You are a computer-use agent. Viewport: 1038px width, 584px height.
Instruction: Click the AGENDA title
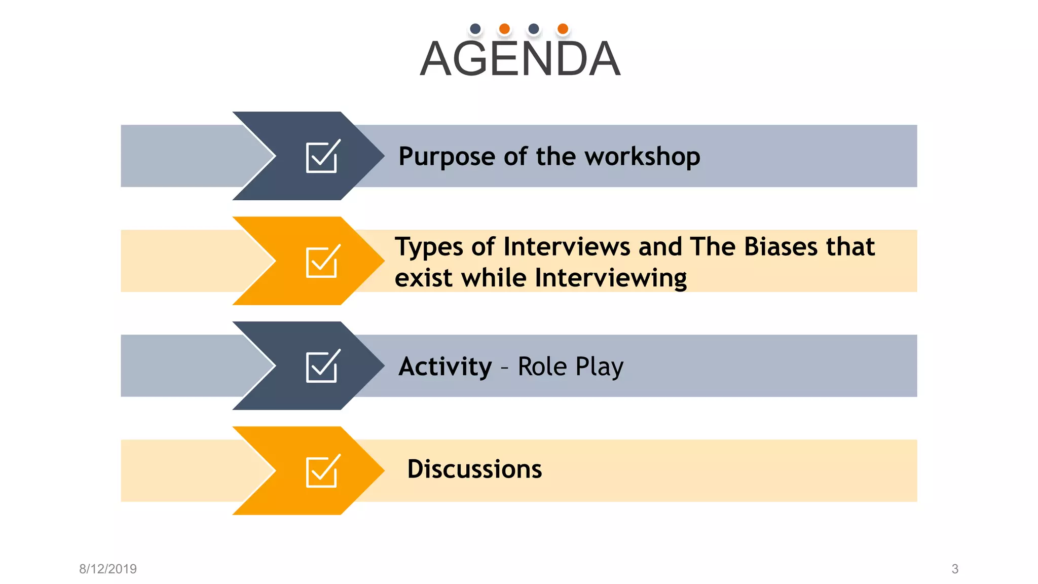click(x=520, y=59)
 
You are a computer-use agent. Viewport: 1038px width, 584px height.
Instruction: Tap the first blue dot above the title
click(x=475, y=29)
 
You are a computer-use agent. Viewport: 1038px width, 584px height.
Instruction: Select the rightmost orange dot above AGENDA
click(x=563, y=29)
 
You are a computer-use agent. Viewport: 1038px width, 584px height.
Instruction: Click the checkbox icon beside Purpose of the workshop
click(x=322, y=156)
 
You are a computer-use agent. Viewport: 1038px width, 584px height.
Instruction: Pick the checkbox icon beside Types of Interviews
click(x=322, y=261)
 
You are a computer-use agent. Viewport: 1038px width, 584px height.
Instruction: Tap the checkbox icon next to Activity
click(x=322, y=366)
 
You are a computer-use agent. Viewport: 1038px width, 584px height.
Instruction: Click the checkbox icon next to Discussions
click(x=322, y=471)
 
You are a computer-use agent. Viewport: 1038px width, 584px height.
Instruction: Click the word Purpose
click(x=447, y=157)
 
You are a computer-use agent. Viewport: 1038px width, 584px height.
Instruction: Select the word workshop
click(x=642, y=157)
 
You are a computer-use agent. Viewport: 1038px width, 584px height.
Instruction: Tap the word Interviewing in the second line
click(x=611, y=278)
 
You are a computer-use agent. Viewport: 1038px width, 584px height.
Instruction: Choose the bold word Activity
click(x=445, y=367)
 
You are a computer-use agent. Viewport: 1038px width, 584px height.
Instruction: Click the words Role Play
click(x=570, y=367)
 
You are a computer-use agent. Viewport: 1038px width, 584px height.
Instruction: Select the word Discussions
click(x=474, y=469)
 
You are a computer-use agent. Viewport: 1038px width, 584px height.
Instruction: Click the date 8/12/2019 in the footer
click(x=108, y=569)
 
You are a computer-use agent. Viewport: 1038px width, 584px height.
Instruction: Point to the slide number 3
click(x=955, y=569)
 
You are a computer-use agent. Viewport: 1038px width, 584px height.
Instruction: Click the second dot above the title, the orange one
click(x=504, y=29)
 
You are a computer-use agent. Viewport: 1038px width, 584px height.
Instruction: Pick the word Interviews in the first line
click(x=567, y=247)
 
